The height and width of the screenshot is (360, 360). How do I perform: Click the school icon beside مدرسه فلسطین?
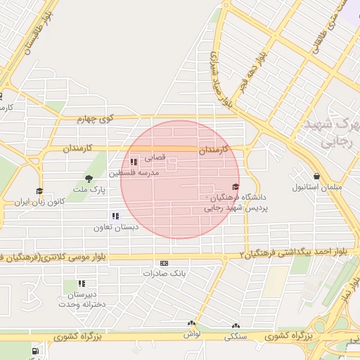click(x=134, y=162)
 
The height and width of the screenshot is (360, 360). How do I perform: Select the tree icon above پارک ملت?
click(x=89, y=179)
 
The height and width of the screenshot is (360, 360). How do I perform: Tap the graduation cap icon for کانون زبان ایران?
click(x=39, y=191)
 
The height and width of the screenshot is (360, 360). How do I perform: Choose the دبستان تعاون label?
click(x=116, y=228)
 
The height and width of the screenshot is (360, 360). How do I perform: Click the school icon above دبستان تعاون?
click(x=115, y=216)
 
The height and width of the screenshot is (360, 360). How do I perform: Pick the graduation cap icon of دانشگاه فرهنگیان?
click(x=236, y=186)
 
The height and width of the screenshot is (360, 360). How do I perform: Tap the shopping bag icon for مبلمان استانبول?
click(x=317, y=176)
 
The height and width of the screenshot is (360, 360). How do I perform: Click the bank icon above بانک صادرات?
click(x=165, y=262)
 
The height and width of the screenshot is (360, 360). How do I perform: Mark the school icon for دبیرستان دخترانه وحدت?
click(x=82, y=283)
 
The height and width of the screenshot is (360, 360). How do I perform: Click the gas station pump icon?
click(x=34, y=351)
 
